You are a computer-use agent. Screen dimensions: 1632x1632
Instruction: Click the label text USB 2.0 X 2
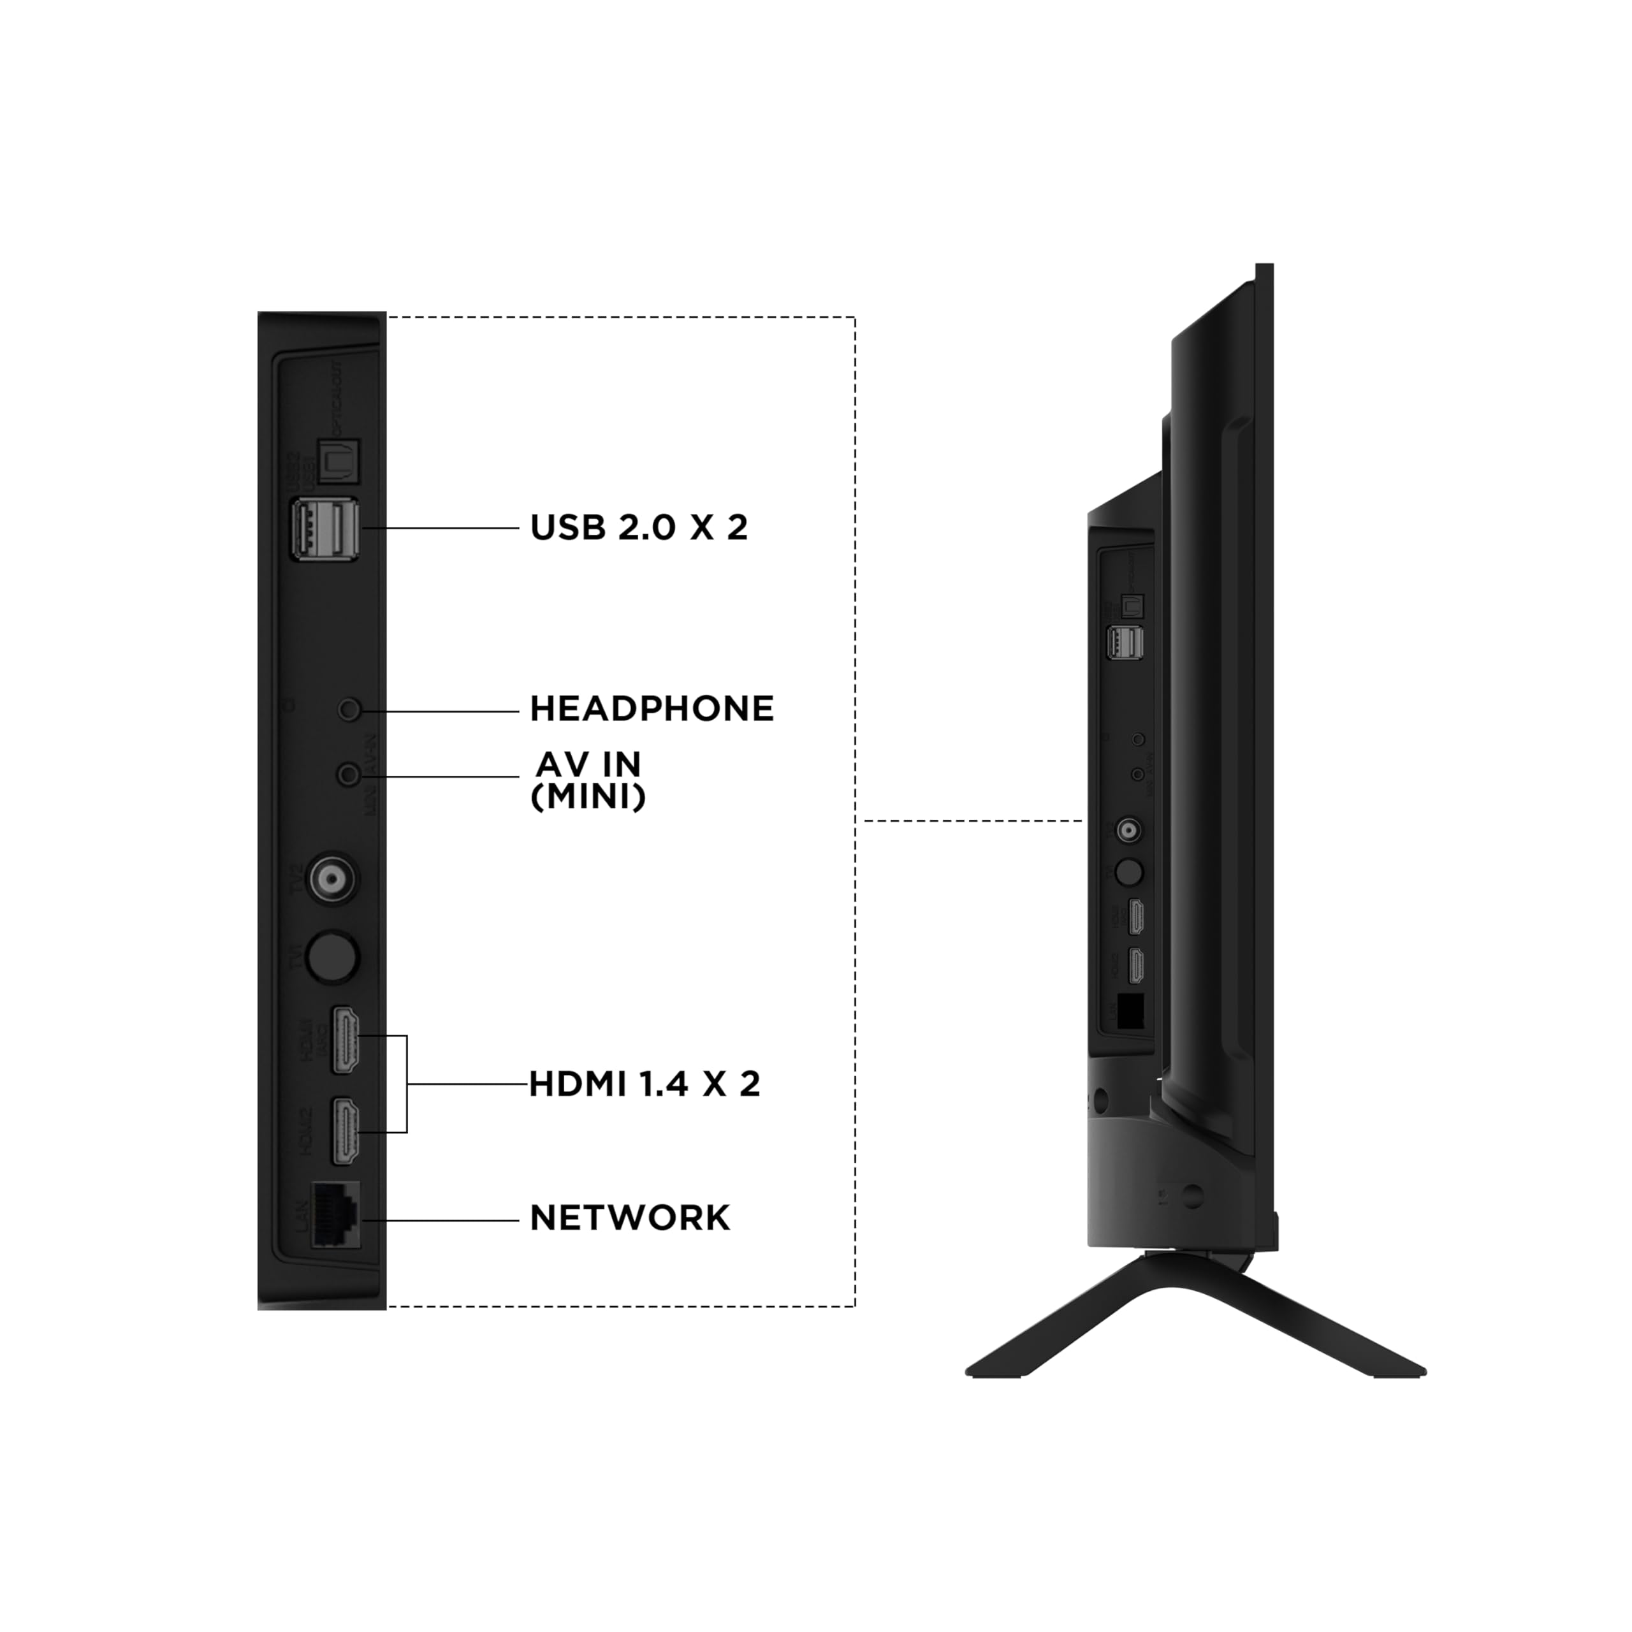pos(639,528)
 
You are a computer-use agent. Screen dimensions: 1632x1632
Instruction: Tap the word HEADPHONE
pos(652,710)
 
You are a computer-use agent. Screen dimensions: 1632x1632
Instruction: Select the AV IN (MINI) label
pos(589,780)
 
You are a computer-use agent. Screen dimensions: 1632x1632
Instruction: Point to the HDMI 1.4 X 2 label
pos(645,1084)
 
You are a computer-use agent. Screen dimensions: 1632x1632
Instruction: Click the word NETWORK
pos(629,1218)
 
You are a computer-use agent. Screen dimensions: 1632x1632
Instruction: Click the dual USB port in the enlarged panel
pos(325,528)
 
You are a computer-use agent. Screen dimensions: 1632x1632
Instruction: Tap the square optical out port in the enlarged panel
pos(339,461)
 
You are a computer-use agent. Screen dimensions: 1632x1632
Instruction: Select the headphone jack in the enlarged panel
pos(348,710)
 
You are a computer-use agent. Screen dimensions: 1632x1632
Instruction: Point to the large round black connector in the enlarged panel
pos(332,956)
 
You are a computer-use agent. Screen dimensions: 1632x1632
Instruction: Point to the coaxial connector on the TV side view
pos(1127,831)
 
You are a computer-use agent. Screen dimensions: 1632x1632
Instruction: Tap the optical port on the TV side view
pos(1130,604)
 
